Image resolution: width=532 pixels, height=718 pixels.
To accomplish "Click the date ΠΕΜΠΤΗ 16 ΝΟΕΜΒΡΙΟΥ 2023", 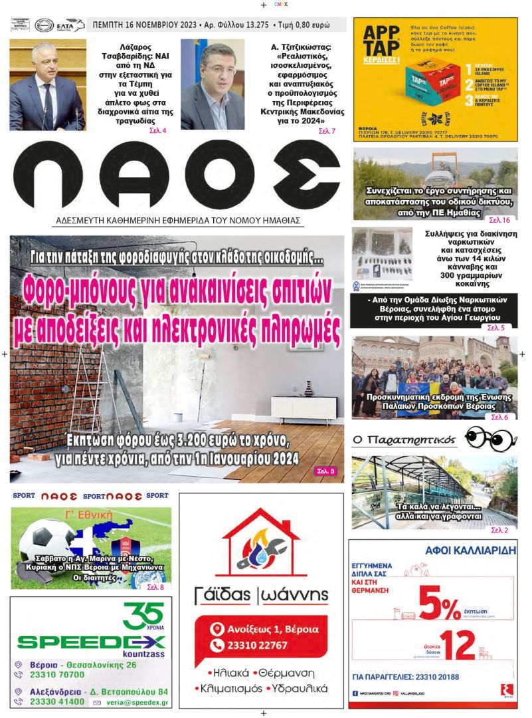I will tap(143, 25).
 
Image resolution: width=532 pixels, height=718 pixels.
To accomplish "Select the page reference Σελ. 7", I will tap(327, 130).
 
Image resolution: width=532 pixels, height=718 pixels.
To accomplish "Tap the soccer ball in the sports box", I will tap(47, 540).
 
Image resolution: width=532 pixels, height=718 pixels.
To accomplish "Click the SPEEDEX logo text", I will tap(91, 642).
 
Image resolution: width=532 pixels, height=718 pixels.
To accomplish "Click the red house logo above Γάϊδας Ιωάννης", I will tap(261, 542).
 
